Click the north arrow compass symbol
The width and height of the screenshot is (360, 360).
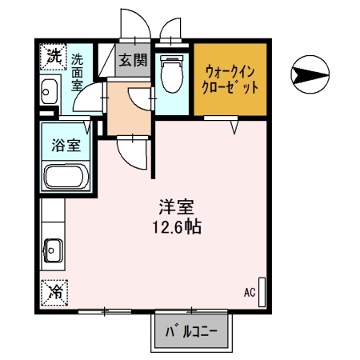point(310,76)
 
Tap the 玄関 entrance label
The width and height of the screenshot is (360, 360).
point(132,59)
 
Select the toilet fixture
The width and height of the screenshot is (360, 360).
point(170,74)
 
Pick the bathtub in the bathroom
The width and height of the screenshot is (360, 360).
point(66,176)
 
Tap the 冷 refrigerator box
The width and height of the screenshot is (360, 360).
point(54,292)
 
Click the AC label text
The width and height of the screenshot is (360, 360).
point(250,293)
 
